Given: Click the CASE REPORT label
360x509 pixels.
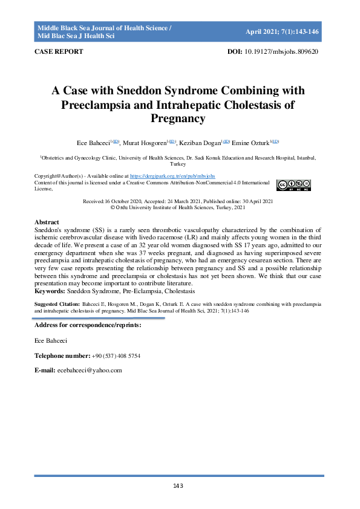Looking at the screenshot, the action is coord(59,52).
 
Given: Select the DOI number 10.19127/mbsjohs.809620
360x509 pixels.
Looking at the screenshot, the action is coord(282,52).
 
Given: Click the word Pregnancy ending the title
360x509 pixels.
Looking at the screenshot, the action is coord(180,118).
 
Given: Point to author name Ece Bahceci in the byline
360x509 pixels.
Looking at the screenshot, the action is coord(93,143).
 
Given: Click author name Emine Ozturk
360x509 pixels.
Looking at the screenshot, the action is coord(252,143).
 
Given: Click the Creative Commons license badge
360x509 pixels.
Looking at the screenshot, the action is coord(293,185).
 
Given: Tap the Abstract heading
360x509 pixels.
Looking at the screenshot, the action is coord(47,222).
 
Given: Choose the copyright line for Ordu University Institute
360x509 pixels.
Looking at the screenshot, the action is coord(179,207).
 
